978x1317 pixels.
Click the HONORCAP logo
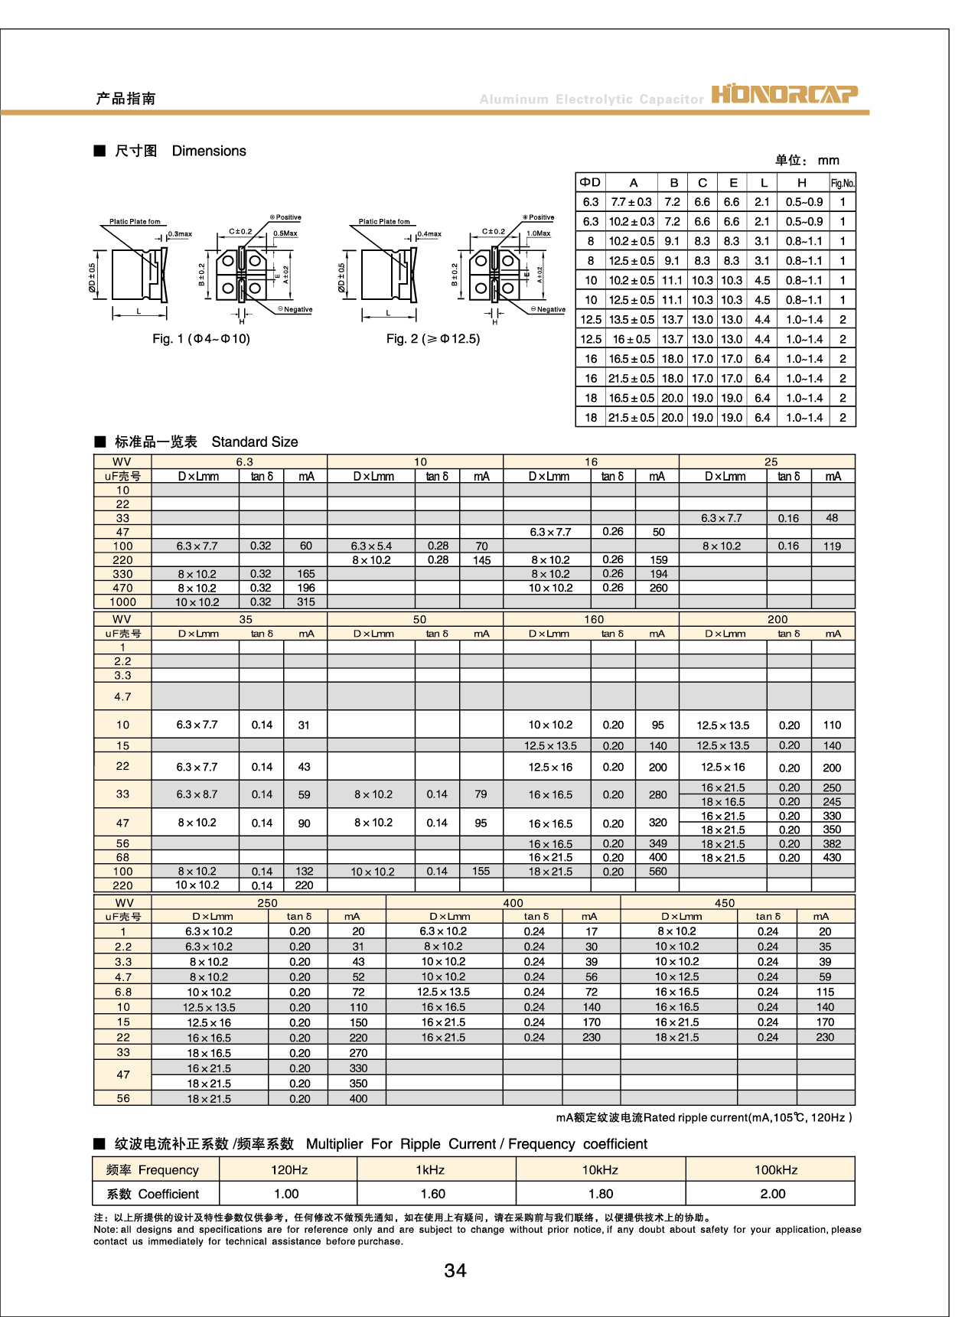coord(784,94)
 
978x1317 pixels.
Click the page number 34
coord(455,1270)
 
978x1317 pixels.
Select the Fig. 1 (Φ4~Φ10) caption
coord(201,339)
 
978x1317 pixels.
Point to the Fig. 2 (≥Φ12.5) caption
coord(433,339)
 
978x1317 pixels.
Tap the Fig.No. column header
coord(843,183)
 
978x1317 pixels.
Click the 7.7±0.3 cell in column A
coord(631,202)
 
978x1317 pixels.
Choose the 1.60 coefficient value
coord(433,1194)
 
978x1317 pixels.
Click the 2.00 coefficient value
coord(773,1194)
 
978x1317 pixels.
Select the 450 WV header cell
coord(725,903)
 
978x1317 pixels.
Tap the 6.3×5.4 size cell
coord(371,546)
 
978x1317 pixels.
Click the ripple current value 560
coord(658,872)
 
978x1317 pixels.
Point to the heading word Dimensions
coord(209,151)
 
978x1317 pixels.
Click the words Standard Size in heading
coord(255,442)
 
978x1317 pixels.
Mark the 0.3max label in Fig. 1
coord(180,234)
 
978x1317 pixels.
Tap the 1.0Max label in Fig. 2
coord(539,233)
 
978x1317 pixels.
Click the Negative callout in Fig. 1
coord(296,310)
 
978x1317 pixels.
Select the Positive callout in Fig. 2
coord(540,217)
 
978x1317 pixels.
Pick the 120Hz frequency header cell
coord(289,1169)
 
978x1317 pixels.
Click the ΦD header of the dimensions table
coord(590,182)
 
